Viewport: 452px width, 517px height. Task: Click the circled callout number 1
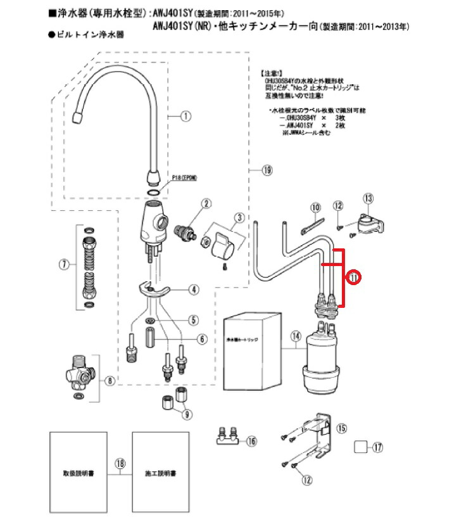pyautogui.click(x=185, y=116)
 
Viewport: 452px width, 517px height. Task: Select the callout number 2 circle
pyautogui.click(x=206, y=203)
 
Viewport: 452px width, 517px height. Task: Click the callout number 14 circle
pyautogui.click(x=294, y=336)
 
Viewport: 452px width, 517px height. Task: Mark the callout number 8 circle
pyautogui.click(x=110, y=381)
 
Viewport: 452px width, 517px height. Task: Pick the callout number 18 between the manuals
pyautogui.click(x=120, y=463)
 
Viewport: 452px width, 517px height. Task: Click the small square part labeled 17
pyautogui.click(x=361, y=446)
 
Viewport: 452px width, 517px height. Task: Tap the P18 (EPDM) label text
pyautogui.click(x=182, y=179)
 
